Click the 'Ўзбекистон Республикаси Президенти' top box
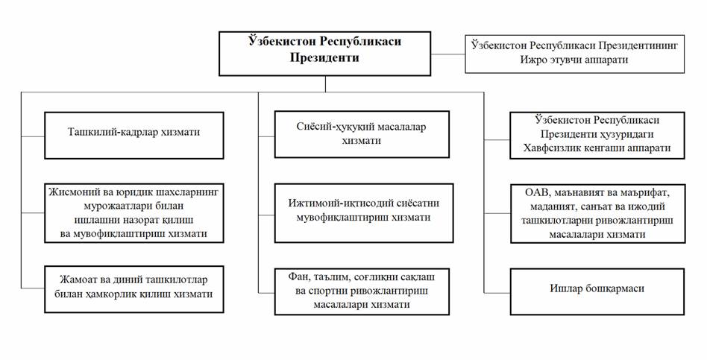pos(324,54)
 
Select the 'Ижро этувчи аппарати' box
pos(574,54)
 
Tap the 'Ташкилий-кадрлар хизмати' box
pos(134,135)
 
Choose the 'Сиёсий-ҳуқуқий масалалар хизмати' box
pos(362,134)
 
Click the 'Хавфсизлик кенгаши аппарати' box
pos(597,135)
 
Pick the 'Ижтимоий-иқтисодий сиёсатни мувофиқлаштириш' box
pos(364,212)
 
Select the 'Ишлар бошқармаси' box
pos(597,291)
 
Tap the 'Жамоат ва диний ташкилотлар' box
pos(134,288)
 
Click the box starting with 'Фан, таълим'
pos(362,291)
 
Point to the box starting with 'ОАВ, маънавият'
pos(598,214)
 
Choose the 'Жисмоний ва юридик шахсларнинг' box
pos(134,212)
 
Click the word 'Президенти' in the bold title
pos(324,58)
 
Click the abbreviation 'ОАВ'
pos(536,194)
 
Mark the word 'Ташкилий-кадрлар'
pos(112,133)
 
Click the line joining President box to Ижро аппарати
pos(447,54)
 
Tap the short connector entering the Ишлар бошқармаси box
pos(497,292)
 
